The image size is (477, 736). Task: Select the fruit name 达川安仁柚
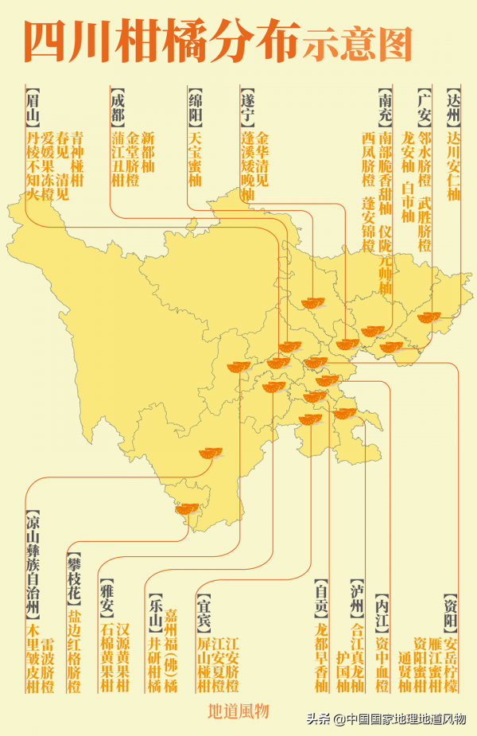coord(453,166)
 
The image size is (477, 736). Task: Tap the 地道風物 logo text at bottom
coord(238,711)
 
